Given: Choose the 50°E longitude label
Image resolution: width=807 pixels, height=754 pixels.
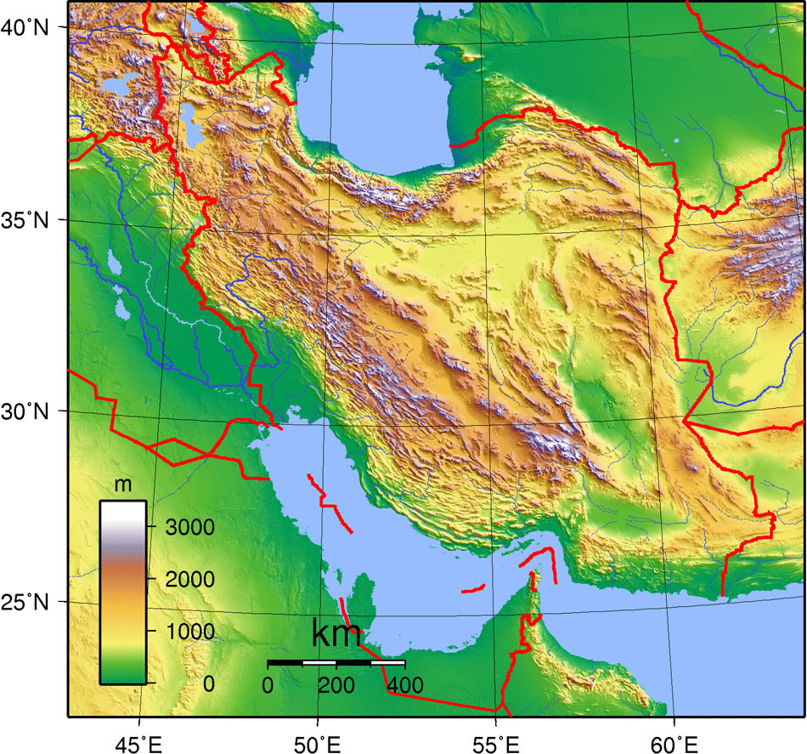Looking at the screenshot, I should (x=318, y=745).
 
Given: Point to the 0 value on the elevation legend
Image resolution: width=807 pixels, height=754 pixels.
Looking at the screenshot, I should (x=207, y=684).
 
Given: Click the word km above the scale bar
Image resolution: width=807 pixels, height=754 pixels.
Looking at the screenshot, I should (x=336, y=634).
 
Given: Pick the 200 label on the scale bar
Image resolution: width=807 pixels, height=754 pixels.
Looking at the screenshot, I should (x=336, y=685).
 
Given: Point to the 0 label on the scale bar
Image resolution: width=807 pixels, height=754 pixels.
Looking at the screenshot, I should (x=268, y=685).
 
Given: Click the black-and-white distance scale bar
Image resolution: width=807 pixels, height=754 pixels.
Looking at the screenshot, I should (x=336, y=662).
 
